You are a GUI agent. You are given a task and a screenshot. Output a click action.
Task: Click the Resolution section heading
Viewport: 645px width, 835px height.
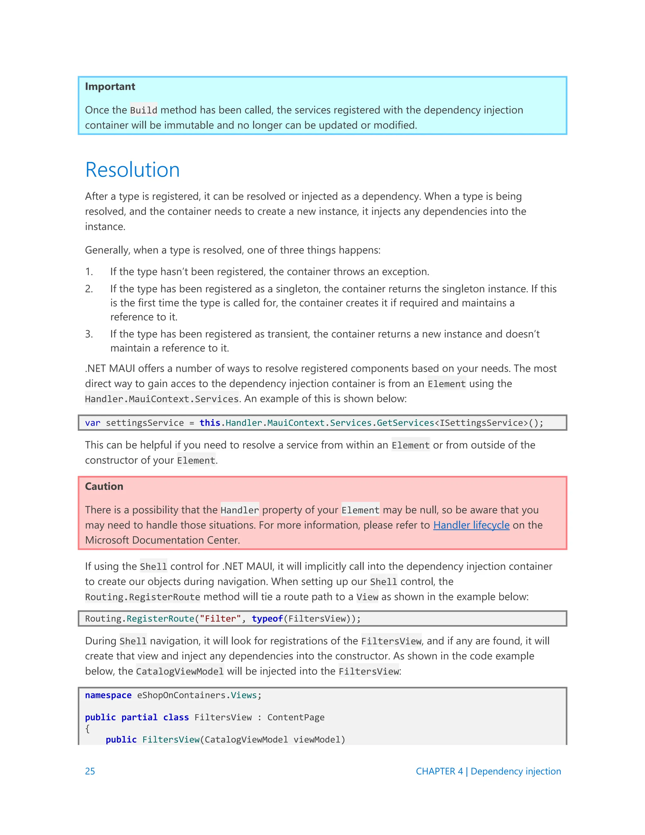point(132,170)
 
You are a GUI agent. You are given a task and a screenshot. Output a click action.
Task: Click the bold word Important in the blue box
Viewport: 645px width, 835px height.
point(110,87)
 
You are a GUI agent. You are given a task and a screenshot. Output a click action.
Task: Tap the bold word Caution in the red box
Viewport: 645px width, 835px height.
point(104,486)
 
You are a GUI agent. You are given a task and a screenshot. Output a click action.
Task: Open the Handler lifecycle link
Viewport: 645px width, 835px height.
point(471,525)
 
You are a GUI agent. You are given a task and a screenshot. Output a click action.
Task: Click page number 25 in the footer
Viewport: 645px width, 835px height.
point(90,771)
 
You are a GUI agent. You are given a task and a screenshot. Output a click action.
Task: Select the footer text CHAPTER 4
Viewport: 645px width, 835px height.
point(439,771)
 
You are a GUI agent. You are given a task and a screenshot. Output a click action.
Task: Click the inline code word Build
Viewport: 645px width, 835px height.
point(143,111)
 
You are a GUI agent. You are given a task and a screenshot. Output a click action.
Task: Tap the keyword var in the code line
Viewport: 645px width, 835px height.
point(93,423)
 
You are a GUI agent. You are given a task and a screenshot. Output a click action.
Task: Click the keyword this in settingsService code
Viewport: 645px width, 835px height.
point(210,423)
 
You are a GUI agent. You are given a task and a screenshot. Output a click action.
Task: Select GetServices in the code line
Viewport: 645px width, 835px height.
point(405,423)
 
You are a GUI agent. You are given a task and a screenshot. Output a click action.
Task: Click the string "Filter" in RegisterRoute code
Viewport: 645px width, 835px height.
point(220,619)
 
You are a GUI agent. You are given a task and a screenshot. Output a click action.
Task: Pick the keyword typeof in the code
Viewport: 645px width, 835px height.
point(267,619)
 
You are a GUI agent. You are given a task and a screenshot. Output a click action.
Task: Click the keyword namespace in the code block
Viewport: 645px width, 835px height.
point(108,695)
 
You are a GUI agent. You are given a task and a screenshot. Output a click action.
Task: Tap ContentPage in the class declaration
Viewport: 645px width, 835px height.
point(296,717)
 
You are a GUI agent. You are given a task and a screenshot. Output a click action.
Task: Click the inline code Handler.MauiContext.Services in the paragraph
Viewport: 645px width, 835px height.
point(162,399)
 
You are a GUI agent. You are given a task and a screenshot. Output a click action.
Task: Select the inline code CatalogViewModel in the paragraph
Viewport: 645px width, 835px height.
point(180,671)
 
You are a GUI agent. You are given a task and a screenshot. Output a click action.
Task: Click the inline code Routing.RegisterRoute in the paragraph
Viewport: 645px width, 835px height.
point(143,597)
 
